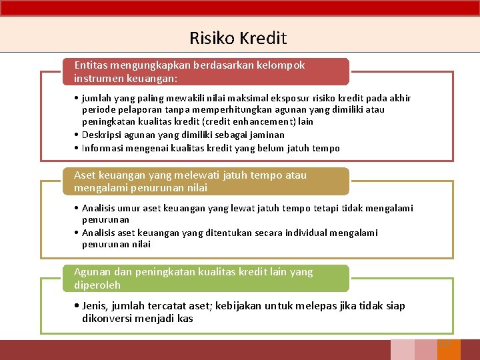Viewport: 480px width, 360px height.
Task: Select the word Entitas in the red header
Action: pos(92,65)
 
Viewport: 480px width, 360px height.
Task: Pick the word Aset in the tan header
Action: pos(85,175)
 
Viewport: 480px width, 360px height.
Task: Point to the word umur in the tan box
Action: pos(136,208)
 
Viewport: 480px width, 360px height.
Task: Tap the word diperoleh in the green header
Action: pos(97,285)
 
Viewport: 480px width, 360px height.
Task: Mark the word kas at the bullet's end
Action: pos(185,319)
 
